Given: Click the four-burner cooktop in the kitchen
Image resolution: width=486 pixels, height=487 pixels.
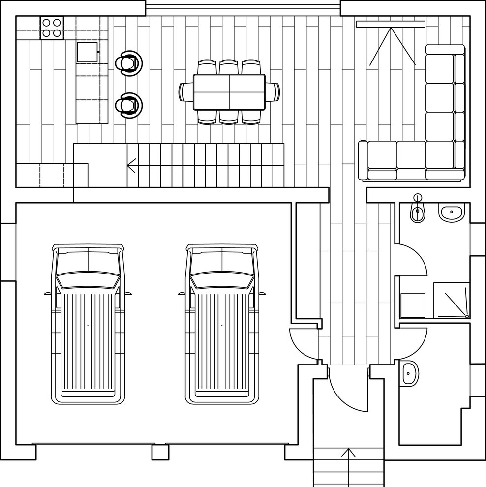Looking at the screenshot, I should [x=52, y=28].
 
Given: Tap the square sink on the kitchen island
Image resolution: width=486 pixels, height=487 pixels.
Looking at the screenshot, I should [x=87, y=52].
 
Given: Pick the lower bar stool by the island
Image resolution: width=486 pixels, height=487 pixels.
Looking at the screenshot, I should [x=128, y=104].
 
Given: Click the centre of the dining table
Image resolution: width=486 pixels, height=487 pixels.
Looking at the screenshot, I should [x=229, y=92].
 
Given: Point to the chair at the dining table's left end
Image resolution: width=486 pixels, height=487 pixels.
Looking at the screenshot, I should [x=186, y=92].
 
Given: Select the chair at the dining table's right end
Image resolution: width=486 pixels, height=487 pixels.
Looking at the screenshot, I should [x=273, y=92].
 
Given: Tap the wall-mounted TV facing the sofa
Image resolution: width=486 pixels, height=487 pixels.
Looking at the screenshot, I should [x=391, y=24].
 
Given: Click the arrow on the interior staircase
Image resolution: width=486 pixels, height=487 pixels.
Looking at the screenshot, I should [x=131, y=165].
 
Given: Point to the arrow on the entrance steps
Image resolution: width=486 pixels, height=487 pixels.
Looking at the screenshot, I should [x=349, y=454].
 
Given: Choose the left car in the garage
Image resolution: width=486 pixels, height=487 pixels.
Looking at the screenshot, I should [x=88, y=324].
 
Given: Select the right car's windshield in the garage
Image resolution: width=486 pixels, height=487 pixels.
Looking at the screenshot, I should [x=222, y=280].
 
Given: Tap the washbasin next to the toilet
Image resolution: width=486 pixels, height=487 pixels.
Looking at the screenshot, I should [x=451, y=213].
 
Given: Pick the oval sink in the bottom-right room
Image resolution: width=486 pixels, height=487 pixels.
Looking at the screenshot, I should [x=409, y=374].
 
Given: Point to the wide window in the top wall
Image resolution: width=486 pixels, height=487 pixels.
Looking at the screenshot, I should [x=243, y=7].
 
